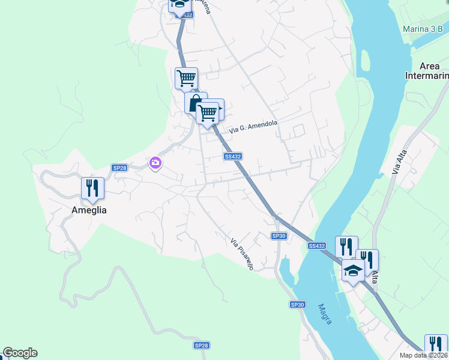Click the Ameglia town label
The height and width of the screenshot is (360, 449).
click(89, 210)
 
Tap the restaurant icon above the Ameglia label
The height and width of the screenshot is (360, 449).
click(92, 187)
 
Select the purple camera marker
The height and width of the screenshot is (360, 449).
click(155, 163)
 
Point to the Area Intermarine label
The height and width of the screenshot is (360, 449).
click(427, 71)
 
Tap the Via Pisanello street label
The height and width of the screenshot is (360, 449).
click(242, 254)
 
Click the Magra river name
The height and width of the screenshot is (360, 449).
click(325, 313)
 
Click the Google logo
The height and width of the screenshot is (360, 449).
click(20, 353)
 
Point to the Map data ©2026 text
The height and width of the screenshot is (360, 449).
click(424, 355)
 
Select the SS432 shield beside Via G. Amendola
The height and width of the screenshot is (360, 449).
click(232, 157)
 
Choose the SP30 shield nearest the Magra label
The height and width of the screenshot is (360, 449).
click(298, 305)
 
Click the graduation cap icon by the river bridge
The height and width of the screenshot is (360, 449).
click(353, 271)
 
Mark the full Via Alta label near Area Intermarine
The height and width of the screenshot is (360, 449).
click(397, 163)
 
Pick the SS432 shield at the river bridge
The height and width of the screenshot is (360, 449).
click(316, 246)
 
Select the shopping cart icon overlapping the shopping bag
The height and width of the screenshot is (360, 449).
click(208, 112)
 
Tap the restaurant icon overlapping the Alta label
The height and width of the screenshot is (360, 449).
click(368, 260)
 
